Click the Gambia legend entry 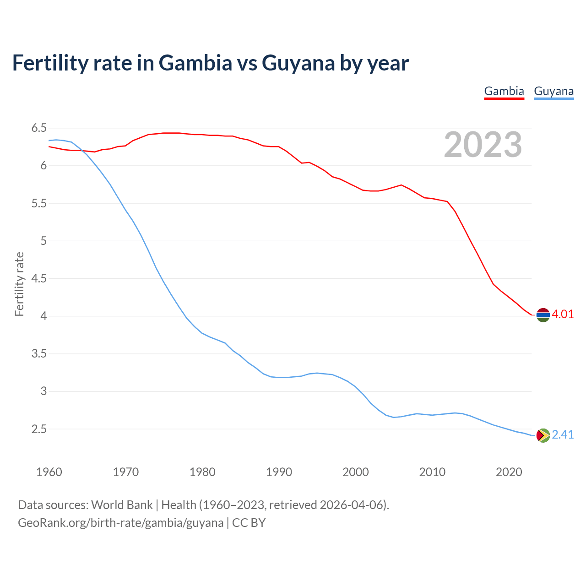point(504,91)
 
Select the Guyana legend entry point(553,91)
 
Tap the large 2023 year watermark point(483,145)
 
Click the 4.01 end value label point(563,315)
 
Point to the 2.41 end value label point(563,434)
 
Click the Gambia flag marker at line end point(543,315)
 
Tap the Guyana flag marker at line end point(543,435)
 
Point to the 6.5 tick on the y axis point(39,128)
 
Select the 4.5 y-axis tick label point(39,278)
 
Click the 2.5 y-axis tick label point(39,429)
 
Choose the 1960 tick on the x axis point(49,472)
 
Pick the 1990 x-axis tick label point(279,472)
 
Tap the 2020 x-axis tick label point(509,472)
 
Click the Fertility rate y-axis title point(19,284)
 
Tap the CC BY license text point(249,522)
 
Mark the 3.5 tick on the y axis point(39,353)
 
